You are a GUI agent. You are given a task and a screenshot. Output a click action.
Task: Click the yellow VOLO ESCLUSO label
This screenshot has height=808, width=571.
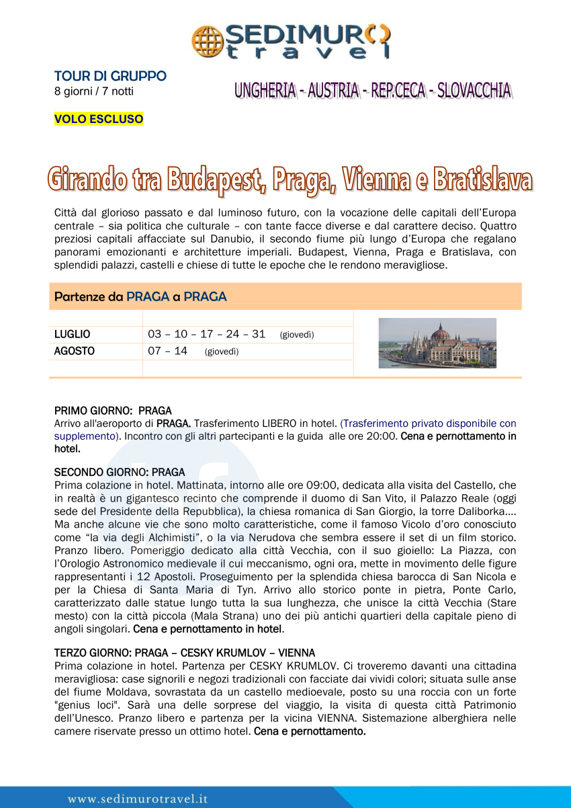click(x=99, y=120)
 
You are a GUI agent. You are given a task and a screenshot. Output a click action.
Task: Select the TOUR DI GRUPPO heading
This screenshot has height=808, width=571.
click(x=110, y=76)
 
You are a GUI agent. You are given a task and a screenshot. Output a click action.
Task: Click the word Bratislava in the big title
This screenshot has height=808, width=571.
click(x=482, y=180)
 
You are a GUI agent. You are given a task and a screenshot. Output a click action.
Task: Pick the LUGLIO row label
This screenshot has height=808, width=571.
click(x=72, y=334)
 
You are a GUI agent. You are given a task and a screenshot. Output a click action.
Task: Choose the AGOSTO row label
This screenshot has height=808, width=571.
click(x=74, y=351)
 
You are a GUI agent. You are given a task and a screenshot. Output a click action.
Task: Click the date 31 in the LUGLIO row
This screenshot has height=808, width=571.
click(x=259, y=334)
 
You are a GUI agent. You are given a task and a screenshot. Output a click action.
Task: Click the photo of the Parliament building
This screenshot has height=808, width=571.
click(x=437, y=343)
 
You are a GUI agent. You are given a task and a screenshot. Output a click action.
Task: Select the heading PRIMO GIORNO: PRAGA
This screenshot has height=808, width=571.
click(x=113, y=410)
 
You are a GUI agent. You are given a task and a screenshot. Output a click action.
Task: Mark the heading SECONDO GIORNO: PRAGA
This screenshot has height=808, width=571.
click(x=120, y=473)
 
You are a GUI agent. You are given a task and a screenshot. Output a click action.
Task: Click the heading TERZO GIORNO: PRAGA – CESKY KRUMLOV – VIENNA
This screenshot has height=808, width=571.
click(x=185, y=653)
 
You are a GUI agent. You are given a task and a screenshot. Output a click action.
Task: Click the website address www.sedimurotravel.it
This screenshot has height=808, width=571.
click(x=138, y=799)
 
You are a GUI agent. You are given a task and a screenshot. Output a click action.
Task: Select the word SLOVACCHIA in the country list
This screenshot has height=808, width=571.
click(x=474, y=91)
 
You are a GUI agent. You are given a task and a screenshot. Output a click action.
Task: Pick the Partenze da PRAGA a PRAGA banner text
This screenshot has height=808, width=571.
click(x=140, y=296)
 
